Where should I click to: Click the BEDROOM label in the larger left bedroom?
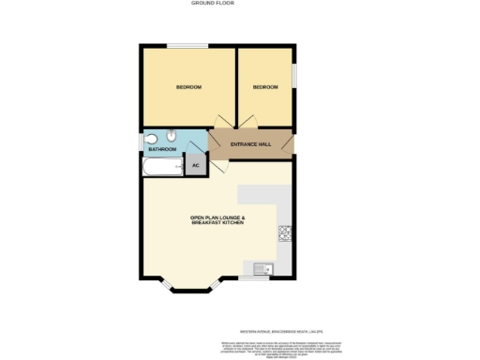coord(189,87)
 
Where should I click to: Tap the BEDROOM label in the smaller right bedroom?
coord(265,87)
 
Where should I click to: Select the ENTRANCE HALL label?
coord(253,143)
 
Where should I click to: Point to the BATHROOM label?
coord(162,149)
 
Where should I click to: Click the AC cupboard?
coord(196,166)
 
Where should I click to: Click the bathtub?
coord(161,168)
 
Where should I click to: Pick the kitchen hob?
coord(284,232)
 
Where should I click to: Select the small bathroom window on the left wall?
coord(142,142)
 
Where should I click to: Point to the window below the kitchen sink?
coord(253,278)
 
